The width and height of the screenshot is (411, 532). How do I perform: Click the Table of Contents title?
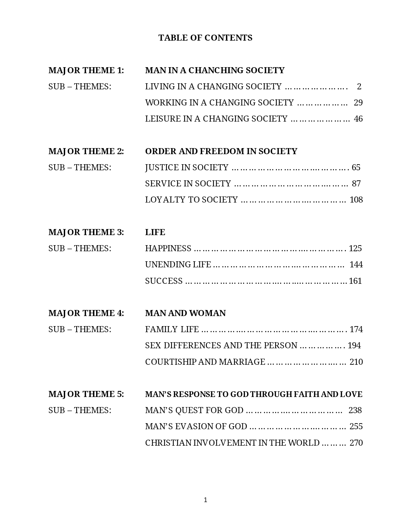click(x=205, y=38)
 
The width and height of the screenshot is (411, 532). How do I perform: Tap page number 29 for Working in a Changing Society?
click(x=358, y=102)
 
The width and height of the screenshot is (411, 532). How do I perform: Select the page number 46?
click(x=358, y=119)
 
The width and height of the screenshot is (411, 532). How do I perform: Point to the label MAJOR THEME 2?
click(x=86, y=151)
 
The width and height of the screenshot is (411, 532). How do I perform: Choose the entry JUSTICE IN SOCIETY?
click(x=186, y=167)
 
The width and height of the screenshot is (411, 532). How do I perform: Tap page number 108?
click(x=356, y=199)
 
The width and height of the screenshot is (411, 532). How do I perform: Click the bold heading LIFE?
click(x=155, y=232)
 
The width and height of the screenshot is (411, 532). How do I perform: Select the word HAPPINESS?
click(x=168, y=248)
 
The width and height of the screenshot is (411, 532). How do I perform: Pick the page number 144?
click(x=356, y=264)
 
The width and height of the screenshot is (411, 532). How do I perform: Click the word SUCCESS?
click(x=164, y=281)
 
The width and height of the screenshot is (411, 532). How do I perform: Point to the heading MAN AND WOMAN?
click(x=185, y=313)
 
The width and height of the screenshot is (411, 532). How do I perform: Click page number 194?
click(x=354, y=345)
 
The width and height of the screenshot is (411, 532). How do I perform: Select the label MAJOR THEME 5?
click(x=86, y=394)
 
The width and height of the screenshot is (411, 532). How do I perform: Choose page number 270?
click(x=356, y=443)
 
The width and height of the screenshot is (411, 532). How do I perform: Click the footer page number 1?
click(x=205, y=500)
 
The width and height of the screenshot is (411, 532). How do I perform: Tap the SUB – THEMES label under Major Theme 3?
click(x=80, y=248)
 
